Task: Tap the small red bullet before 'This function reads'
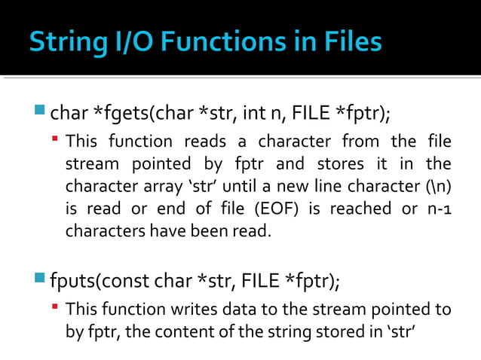click(56, 141)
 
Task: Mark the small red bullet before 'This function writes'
click(56, 309)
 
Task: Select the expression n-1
click(438, 209)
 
